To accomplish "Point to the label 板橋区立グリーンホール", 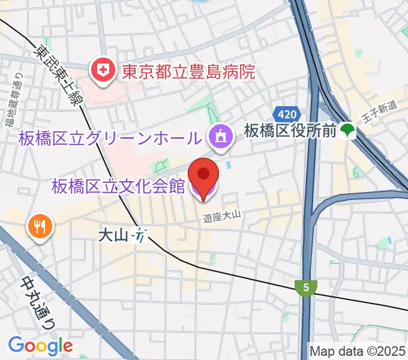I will click(x=110, y=139).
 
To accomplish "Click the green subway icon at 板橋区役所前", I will click(x=346, y=130).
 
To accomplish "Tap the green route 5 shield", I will click(x=306, y=288).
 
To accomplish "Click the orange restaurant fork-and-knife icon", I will click(x=40, y=226).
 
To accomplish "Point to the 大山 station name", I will click(x=113, y=235).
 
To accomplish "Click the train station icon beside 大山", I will click(x=140, y=235).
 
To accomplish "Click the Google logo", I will click(x=40, y=346).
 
